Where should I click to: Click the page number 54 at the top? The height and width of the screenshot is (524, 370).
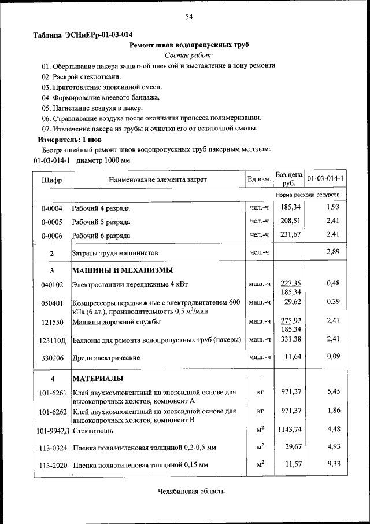click(x=188, y=16)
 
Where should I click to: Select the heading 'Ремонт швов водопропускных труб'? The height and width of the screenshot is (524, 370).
click(x=188, y=45)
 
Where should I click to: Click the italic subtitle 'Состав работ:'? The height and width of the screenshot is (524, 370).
click(x=188, y=55)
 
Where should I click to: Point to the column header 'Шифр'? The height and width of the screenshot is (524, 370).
click(x=51, y=179)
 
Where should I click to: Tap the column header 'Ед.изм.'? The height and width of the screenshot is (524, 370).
click(x=259, y=179)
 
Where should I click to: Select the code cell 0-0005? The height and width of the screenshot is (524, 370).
click(x=51, y=222)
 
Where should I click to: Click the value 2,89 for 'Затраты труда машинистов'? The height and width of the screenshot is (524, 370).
click(x=332, y=252)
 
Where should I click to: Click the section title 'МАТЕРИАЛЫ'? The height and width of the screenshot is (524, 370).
click(x=98, y=379)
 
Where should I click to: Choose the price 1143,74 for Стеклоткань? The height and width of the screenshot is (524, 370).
click(x=288, y=429)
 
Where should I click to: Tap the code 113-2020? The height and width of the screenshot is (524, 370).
click(x=51, y=464)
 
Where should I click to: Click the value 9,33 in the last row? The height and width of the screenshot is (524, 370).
click(x=333, y=464)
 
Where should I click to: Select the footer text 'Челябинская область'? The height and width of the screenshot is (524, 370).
click(x=191, y=492)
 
